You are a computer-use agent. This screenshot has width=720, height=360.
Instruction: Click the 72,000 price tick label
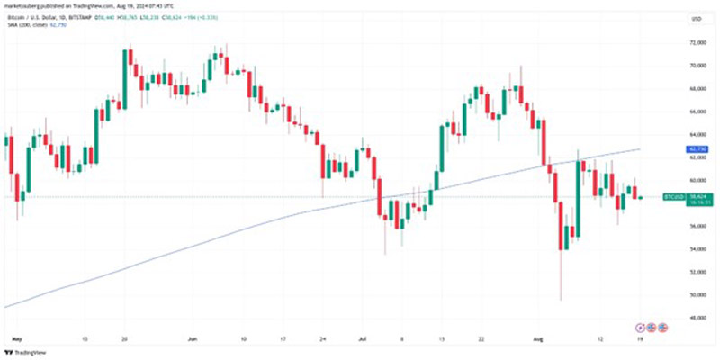pyautogui.click(x=696, y=42)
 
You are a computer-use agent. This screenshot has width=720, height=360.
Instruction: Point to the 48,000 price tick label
pyautogui.click(x=696, y=317)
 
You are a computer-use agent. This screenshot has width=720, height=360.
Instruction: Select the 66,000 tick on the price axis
pyautogui.click(x=696, y=112)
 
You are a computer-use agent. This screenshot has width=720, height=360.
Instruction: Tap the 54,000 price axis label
pyautogui.click(x=696, y=248)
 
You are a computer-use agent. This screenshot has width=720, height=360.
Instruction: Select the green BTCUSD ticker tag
pyautogui.click(x=674, y=196)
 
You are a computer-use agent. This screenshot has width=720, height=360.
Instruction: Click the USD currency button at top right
pyautogui.click(x=696, y=18)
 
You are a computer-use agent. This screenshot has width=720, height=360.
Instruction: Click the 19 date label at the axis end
pyautogui.click(x=641, y=340)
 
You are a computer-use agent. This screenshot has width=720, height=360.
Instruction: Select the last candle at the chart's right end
pyautogui.click(x=641, y=197)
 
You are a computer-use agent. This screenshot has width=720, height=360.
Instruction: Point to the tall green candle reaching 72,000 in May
pyautogui.click(x=124, y=76)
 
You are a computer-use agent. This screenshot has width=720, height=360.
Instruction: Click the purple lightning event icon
pyautogui.click(x=641, y=326)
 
